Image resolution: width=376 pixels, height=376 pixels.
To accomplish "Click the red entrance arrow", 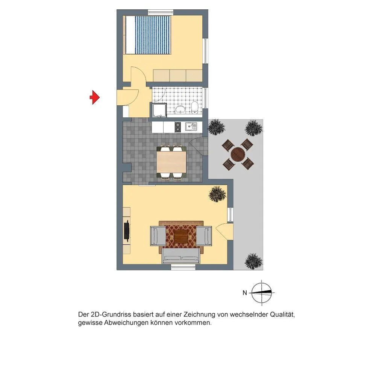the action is pyautogui.click(x=95, y=97).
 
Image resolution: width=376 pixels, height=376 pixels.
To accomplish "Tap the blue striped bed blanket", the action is pyautogui.click(x=153, y=35).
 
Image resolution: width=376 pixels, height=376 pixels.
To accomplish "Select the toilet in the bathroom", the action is pyautogui.click(x=194, y=108).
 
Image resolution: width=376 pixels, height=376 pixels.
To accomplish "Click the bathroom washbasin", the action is pyautogui.click(x=180, y=109).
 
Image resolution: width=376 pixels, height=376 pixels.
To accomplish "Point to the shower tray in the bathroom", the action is pyautogui.click(x=159, y=110).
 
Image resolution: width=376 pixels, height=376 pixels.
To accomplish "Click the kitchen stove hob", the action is pyautogui.click(x=178, y=127).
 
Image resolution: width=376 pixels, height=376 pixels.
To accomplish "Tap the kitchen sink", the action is pyautogui.click(x=191, y=127).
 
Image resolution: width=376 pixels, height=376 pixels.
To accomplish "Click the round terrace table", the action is pyautogui.click(x=238, y=155).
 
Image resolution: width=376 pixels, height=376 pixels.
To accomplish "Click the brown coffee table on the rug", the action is pyautogui.click(x=181, y=237).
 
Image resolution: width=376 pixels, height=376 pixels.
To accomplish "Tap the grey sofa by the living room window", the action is pyautogui.click(x=181, y=256).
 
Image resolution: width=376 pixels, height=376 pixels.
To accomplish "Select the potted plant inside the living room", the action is pyautogui.click(x=217, y=194).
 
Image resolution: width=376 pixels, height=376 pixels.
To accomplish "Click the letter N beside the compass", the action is pyautogui.click(x=245, y=293).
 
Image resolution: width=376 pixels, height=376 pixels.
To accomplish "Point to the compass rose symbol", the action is pyautogui.click(x=262, y=293).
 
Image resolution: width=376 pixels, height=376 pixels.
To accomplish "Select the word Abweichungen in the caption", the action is pyautogui.click(x=126, y=323).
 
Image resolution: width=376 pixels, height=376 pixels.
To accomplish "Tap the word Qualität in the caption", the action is pyautogui.click(x=282, y=314).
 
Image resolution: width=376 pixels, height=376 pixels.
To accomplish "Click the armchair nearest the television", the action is pyautogui.click(x=158, y=236).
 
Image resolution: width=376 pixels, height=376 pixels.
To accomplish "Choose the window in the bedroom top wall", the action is pyautogui.click(x=161, y=12).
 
